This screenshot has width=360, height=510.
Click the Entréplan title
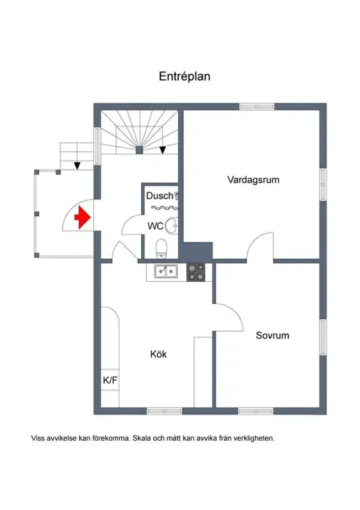point(184,76)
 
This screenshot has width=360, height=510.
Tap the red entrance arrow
point(82,217)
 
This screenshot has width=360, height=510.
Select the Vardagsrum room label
point(253,179)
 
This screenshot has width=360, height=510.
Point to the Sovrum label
point(272,336)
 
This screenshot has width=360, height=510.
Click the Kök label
point(158,354)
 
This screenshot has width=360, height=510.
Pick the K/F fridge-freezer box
point(110,379)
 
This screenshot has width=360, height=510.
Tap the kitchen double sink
point(166,271)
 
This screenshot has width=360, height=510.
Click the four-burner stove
point(196,272)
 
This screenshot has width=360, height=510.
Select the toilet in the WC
point(161,248)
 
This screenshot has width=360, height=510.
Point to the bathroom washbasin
point(172,226)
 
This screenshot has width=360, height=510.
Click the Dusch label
point(159,196)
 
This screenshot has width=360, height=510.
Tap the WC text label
point(155,226)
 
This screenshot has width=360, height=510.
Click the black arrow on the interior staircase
point(162,150)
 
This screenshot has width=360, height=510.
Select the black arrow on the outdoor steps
point(77,166)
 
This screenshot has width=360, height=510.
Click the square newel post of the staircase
point(139,150)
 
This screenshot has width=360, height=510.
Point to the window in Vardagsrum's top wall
point(257,107)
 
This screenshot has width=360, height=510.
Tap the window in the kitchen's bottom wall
point(164,411)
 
